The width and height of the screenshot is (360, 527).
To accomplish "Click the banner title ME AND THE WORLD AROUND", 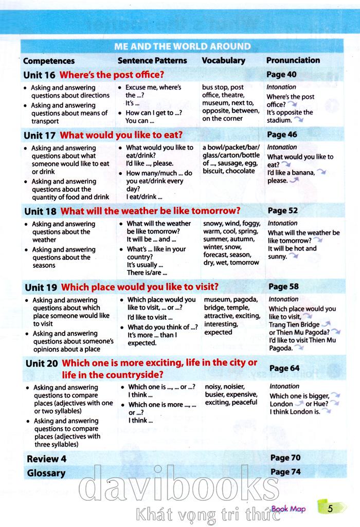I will (x=183, y=46).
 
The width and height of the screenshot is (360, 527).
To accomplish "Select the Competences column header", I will (x=49, y=61).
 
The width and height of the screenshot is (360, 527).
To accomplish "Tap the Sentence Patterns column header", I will (x=152, y=60).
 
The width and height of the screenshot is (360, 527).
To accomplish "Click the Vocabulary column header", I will (x=223, y=60).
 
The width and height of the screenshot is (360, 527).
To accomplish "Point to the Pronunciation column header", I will (x=293, y=60).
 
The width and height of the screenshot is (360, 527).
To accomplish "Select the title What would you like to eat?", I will (x=121, y=135).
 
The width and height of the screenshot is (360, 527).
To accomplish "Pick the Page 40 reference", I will (x=282, y=75).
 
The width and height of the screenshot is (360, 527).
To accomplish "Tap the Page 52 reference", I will (x=283, y=210).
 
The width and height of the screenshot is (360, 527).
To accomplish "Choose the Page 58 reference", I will (x=284, y=286).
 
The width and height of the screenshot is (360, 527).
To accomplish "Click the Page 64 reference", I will (x=284, y=368).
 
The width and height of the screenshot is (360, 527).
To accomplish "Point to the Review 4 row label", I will (x=47, y=459).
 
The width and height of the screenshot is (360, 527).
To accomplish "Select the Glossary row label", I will (x=46, y=473).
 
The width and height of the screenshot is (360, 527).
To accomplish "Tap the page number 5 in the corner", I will (x=330, y=509).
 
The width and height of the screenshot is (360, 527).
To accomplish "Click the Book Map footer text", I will (x=289, y=509).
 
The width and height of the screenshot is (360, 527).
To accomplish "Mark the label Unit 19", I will (x=41, y=287).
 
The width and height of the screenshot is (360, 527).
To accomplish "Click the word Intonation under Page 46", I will (x=282, y=147).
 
